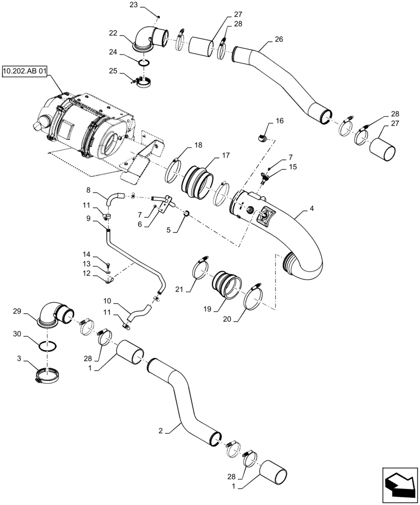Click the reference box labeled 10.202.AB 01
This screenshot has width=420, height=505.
[24, 73]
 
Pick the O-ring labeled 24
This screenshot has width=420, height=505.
[144, 63]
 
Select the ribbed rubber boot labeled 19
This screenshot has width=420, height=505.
[225, 285]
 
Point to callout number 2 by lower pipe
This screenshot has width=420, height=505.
[160, 431]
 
